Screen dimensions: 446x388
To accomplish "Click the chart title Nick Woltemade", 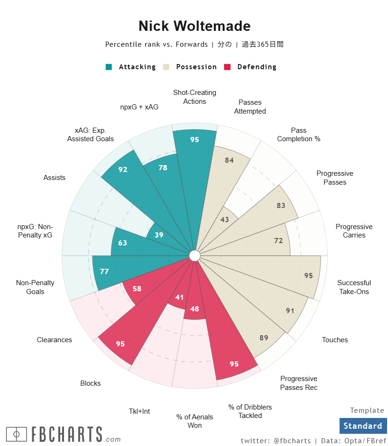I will click(194, 26).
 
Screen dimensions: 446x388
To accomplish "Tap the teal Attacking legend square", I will click(109, 67).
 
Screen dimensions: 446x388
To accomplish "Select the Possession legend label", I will click(196, 67).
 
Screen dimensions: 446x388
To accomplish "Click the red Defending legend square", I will click(228, 67).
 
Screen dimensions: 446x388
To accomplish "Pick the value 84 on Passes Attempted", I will click(229, 160).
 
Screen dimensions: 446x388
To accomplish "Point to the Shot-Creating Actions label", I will click(195, 97).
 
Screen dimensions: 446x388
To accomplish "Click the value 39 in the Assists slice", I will click(159, 235).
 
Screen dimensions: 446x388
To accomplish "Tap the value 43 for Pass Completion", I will click(225, 219).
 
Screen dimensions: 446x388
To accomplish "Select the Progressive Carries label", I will click(354, 231).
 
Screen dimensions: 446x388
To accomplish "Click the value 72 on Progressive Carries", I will click(279, 241).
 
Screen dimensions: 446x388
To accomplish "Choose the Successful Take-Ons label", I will click(354, 287).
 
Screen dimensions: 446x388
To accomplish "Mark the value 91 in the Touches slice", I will click(290, 310).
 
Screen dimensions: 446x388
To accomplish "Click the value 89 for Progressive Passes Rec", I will click(264, 338).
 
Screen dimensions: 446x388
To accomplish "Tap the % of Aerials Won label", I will click(195, 421).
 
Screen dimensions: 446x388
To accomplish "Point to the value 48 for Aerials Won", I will click(195, 309).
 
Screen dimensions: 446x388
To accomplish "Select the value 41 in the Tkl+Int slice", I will click(179, 297).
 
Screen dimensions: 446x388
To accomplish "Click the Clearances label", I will click(55, 340).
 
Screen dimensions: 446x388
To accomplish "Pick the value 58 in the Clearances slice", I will click(137, 289).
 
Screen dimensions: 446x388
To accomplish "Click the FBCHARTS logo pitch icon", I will click(17, 434).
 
